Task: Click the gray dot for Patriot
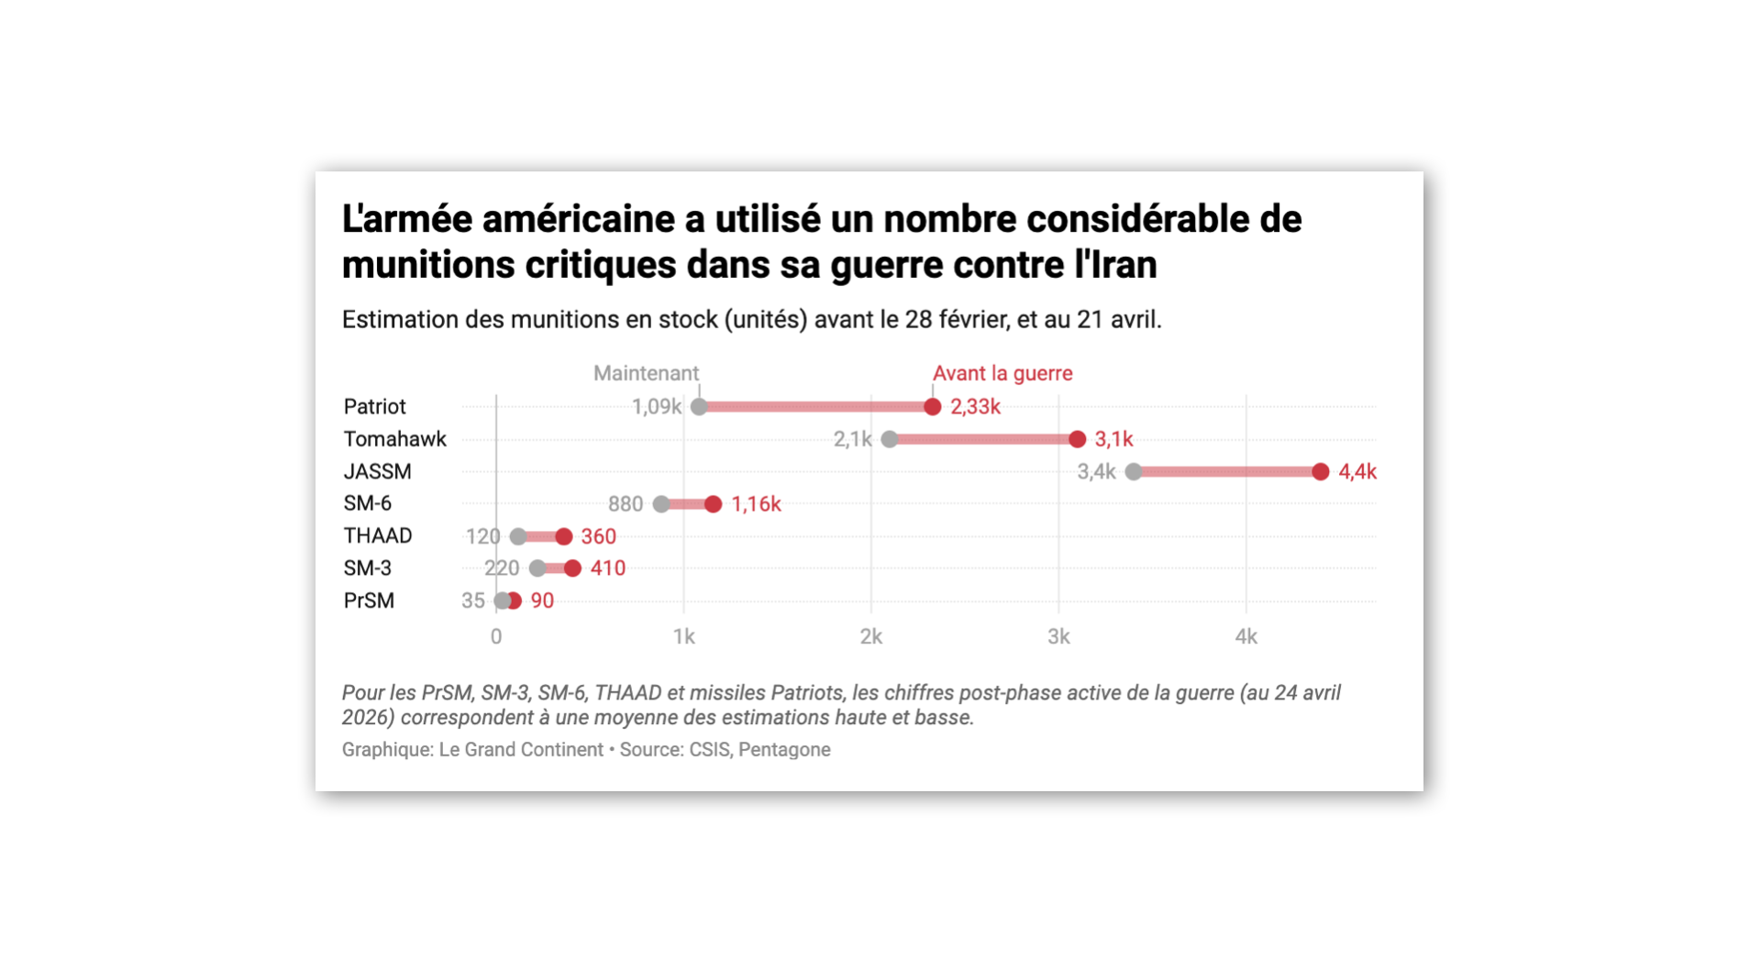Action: (699, 407)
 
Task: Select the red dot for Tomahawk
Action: (1077, 439)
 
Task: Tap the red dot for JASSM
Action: (1320, 471)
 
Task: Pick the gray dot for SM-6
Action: (661, 504)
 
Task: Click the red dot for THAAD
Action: (564, 536)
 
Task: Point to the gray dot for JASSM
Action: (1134, 471)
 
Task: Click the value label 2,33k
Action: (975, 407)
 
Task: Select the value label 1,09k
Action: (656, 407)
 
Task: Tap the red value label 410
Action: (608, 568)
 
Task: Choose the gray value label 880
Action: (626, 504)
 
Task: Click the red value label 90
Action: (542, 601)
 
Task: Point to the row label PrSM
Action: (369, 601)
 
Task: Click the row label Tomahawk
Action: (394, 439)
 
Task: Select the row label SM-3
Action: (367, 568)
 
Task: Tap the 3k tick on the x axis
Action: (1058, 636)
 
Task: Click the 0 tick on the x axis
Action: (496, 636)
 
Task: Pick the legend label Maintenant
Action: (646, 373)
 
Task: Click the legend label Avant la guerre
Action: (1002, 373)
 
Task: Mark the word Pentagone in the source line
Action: (784, 750)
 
